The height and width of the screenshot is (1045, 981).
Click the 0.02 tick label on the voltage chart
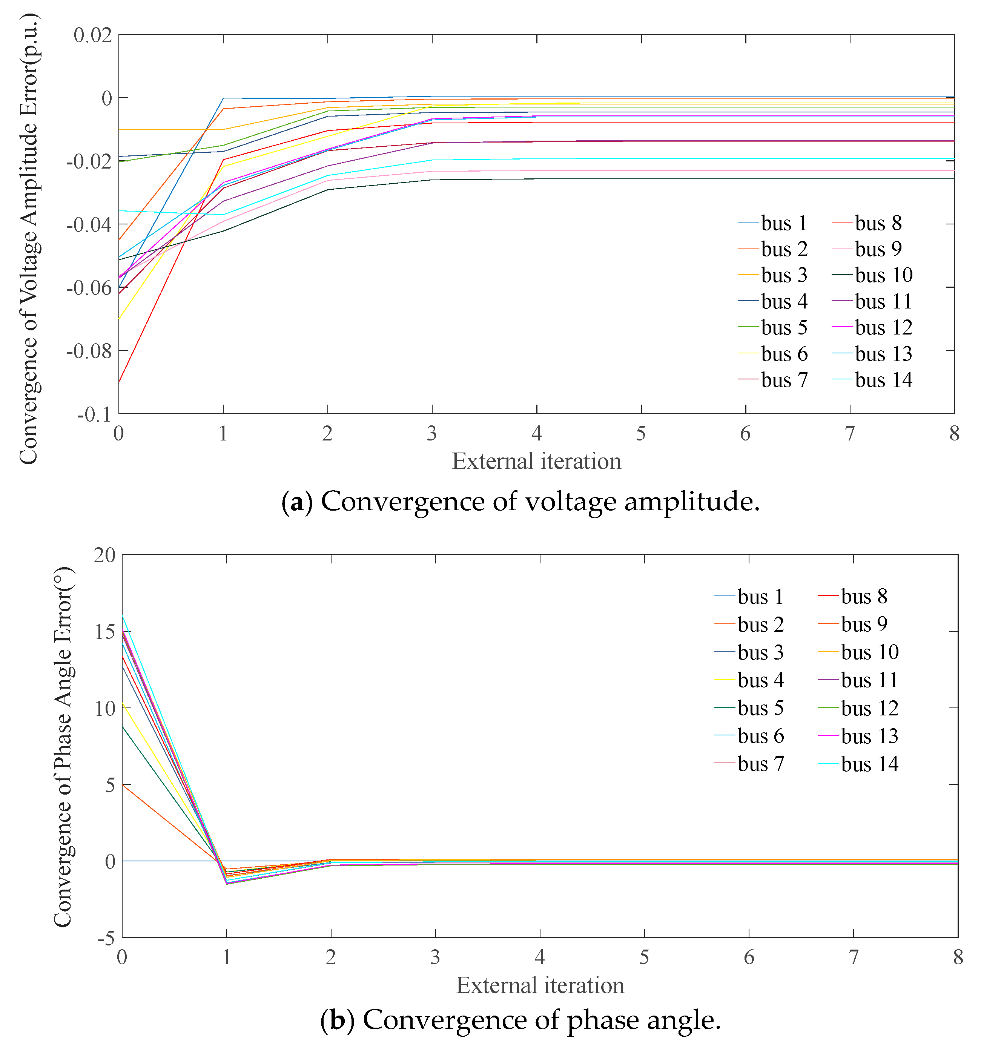point(93,35)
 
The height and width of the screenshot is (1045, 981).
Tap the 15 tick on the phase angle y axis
point(105,631)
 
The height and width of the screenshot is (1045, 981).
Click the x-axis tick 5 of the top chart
point(640,434)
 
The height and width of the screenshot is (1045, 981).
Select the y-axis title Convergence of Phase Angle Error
point(63,746)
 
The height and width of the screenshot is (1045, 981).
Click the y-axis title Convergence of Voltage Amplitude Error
point(29,239)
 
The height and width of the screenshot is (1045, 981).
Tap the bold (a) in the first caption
point(297,502)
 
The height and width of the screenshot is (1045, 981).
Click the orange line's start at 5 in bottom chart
point(123,785)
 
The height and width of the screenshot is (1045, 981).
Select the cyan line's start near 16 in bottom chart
point(123,615)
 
